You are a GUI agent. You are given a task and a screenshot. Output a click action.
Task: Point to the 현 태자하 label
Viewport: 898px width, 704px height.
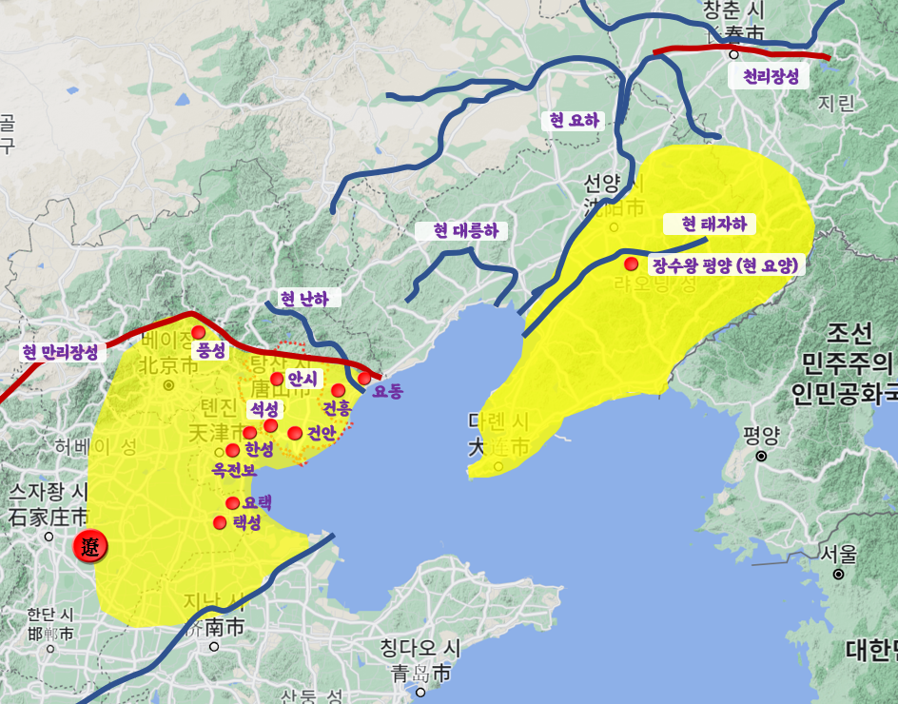pos(713,225)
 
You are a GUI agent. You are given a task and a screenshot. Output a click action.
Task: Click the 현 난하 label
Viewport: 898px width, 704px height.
pos(304,299)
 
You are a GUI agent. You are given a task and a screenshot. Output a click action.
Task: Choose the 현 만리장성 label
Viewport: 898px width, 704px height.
pos(60,351)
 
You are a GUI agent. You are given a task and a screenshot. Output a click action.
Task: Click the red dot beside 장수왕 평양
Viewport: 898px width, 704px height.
pos(631,264)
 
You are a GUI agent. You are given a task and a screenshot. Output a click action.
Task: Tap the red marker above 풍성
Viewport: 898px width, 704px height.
pos(198,332)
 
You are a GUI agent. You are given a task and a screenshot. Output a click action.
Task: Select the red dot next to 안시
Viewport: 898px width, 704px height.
pos(277,379)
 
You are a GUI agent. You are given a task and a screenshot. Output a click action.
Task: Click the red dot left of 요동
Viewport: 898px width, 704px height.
pos(364,379)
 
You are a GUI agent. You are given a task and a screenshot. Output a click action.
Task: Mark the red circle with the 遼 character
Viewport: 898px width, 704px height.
pos(91,547)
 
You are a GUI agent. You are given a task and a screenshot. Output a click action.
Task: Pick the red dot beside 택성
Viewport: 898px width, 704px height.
pos(220,522)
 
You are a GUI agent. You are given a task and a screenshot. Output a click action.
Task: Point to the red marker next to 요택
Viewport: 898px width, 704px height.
pos(232,503)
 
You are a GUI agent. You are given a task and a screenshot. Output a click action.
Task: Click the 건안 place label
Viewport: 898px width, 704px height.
pos(321,434)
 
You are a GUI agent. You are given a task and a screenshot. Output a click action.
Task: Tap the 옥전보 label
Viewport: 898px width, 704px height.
pos(235,470)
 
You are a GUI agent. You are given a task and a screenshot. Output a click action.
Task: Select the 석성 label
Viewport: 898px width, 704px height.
pos(264,409)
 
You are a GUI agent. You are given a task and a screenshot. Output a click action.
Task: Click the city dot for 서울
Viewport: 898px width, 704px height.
pos(838,574)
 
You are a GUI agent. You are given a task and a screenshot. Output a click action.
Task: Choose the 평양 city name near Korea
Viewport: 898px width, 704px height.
pos(762,436)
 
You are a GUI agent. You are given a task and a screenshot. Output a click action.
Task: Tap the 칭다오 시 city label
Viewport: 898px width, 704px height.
pos(420,649)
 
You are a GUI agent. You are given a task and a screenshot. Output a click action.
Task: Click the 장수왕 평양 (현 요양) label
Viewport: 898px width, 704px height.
pos(725,265)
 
